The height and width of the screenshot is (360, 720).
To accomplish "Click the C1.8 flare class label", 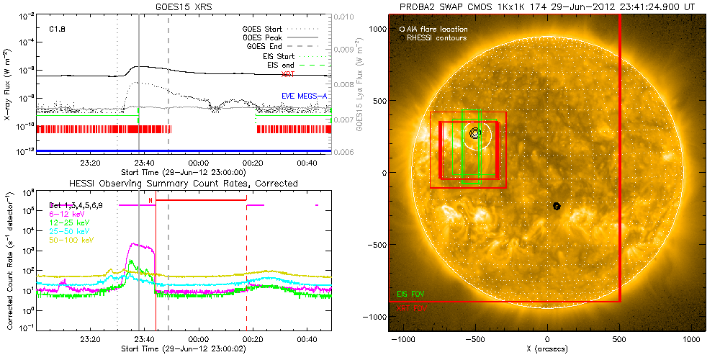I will (58, 30).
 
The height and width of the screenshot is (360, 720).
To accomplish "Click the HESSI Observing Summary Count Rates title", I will (183, 184).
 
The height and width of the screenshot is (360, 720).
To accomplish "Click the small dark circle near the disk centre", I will (557, 206).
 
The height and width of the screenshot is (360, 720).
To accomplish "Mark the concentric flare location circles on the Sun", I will (474, 133).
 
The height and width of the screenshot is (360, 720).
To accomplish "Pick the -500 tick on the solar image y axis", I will (378, 244).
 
